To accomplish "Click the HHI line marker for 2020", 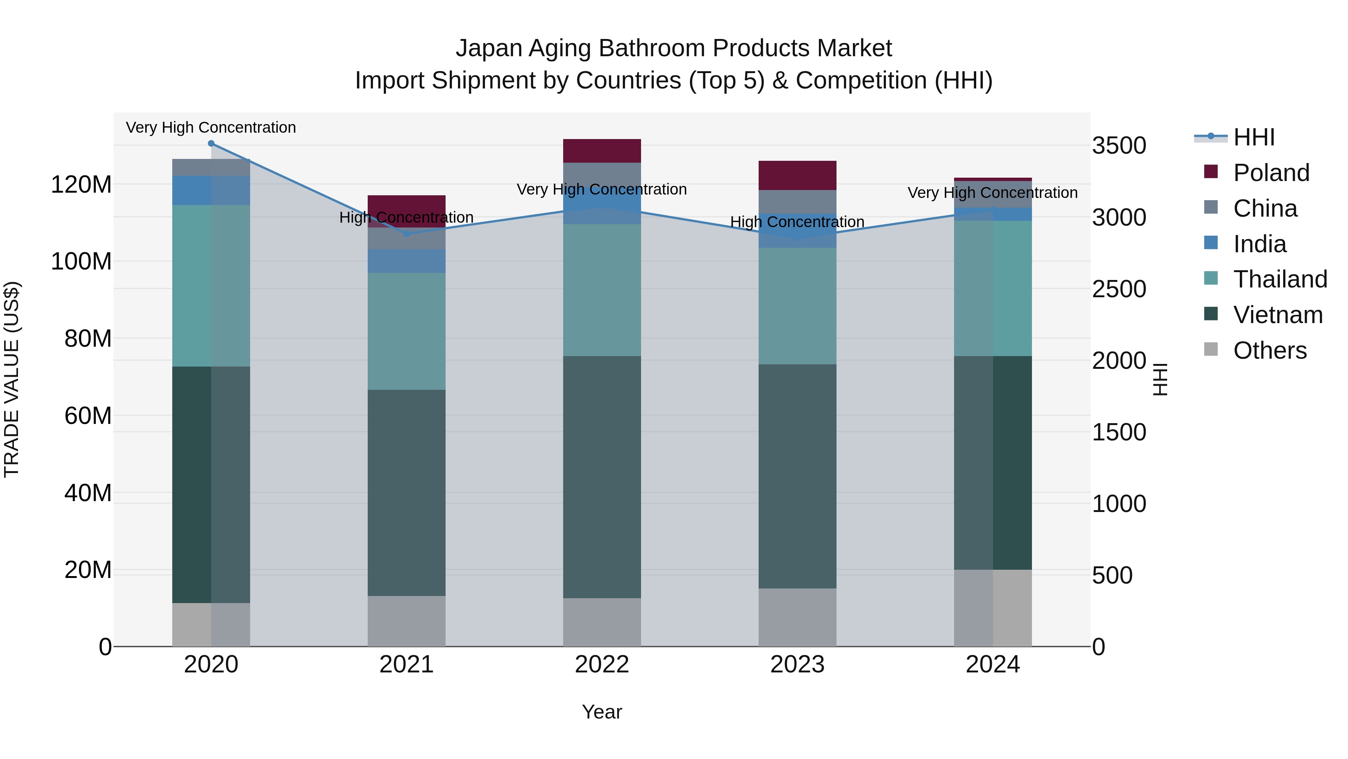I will click(x=211, y=143).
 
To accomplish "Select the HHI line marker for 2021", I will click(x=407, y=234).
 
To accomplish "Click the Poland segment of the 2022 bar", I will click(x=602, y=151).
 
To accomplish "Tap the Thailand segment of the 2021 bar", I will click(x=407, y=331).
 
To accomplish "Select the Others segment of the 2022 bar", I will click(x=602, y=622).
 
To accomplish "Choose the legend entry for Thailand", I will click(x=1279, y=279).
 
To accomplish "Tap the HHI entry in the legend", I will click(x=1253, y=137).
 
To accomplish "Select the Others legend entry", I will click(x=1269, y=350).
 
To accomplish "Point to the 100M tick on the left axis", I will click(x=81, y=261).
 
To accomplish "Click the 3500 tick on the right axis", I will click(x=1119, y=146).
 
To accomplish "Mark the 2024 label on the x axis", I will click(x=992, y=665).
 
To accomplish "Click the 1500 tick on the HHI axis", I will click(x=1119, y=432).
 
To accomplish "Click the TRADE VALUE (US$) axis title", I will click(x=12, y=379).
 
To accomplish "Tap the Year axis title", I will click(x=602, y=712).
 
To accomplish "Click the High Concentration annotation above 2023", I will click(x=797, y=222).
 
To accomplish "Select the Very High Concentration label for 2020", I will click(x=211, y=127).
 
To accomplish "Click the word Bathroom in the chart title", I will click(x=655, y=48).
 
